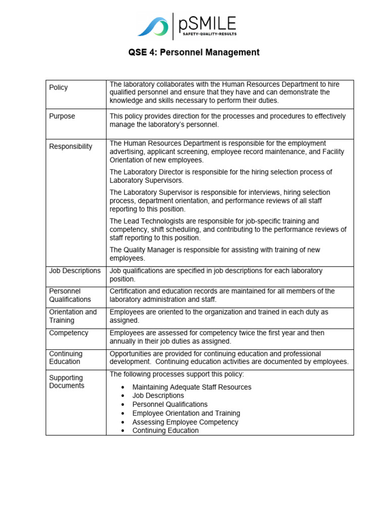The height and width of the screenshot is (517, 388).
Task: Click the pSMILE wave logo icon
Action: (153, 27)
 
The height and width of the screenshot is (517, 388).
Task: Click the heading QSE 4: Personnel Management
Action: (194, 52)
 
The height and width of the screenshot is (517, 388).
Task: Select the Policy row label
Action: (59, 87)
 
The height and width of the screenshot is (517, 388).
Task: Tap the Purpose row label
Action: (62, 116)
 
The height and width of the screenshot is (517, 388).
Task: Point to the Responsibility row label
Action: (71, 146)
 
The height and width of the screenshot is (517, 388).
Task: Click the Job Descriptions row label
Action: (75, 271)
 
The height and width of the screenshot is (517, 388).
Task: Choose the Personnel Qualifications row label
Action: (70, 295)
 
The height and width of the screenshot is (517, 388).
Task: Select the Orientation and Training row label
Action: (73, 316)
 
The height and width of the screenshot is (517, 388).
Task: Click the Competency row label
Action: (69, 333)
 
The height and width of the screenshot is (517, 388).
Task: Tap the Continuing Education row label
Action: (66, 357)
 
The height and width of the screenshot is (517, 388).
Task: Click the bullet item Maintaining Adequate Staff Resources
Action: (191, 387)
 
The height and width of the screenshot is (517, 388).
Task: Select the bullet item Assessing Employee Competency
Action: (185, 422)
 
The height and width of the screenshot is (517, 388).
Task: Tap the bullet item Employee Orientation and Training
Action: (186, 413)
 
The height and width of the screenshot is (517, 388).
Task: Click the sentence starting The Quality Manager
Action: (215, 254)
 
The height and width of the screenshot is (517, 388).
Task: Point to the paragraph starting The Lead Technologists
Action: (228, 229)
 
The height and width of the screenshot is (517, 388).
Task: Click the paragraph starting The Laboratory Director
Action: (221, 176)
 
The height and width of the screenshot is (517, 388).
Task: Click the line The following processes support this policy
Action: (177, 374)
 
